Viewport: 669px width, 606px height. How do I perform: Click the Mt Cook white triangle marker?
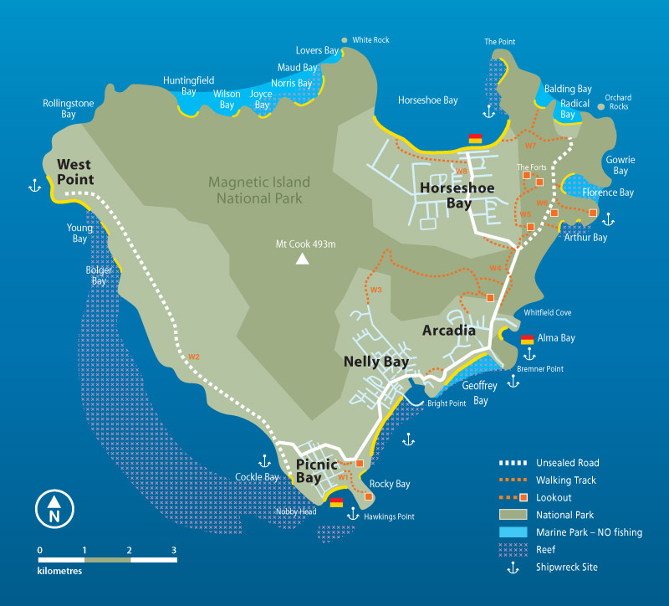[301, 260]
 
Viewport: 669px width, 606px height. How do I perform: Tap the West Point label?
[75, 172]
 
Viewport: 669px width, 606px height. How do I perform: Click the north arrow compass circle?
[54, 508]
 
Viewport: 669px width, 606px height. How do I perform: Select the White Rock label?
[370, 40]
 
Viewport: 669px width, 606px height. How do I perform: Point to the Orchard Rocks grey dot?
[600, 106]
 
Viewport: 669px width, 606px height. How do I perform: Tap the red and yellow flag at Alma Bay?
[528, 339]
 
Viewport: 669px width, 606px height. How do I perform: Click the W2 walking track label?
[194, 357]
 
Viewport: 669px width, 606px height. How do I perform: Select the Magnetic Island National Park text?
[259, 190]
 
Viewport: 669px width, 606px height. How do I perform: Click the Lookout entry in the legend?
[554, 497]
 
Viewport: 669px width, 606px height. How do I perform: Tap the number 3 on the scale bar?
[174, 550]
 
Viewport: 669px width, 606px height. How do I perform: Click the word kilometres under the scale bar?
[59, 572]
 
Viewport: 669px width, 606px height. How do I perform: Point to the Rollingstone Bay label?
[69, 109]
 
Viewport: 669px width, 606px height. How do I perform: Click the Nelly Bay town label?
[376, 362]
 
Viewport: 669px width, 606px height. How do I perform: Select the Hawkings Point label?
[389, 516]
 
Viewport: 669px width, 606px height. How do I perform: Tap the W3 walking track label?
[375, 290]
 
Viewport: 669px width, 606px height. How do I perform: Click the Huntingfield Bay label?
[188, 85]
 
